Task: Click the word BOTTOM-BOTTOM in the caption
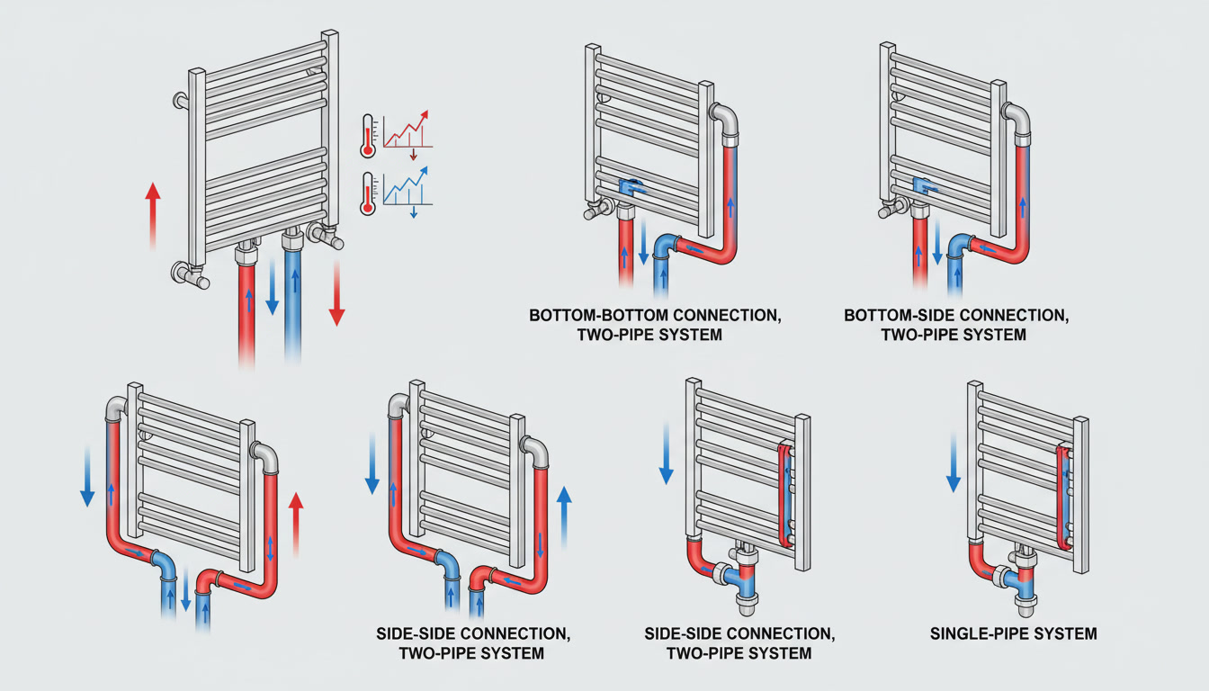[582, 317]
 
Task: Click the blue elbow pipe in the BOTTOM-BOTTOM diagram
[665, 247]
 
